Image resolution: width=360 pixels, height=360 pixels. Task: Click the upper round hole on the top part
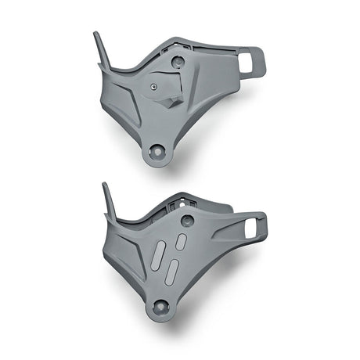[x=178, y=61]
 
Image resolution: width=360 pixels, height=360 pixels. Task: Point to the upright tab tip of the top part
[x=96, y=35]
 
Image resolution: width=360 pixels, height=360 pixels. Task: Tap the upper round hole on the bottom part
[x=186, y=221]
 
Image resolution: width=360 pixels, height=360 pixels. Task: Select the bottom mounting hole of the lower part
[x=161, y=307]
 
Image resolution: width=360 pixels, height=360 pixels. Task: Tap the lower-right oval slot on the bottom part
[x=172, y=270]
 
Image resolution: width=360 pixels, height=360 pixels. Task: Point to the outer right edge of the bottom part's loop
[x=265, y=228]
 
